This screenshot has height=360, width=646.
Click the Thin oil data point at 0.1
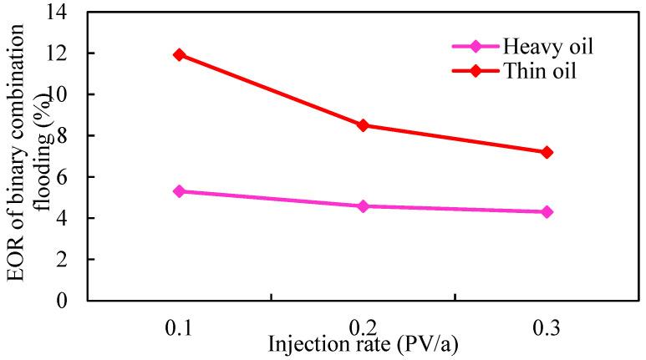click(x=179, y=54)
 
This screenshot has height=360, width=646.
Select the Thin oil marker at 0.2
click(x=363, y=125)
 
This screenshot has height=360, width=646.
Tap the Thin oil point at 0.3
click(x=547, y=152)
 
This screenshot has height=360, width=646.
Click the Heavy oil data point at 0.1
click(x=179, y=191)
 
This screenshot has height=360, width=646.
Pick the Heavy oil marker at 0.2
click(x=363, y=205)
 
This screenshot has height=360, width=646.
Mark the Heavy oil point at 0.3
click(x=547, y=212)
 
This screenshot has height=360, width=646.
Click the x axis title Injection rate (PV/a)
click(x=362, y=343)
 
